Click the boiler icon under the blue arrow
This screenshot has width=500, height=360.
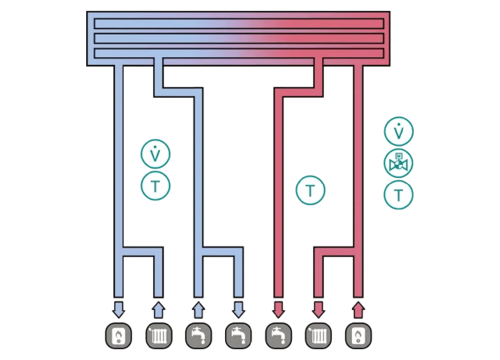(119, 335)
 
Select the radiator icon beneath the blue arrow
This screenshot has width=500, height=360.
(159, 335)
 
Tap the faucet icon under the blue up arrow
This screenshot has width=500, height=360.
(198, 335)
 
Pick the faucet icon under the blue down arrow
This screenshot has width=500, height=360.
(238, 335)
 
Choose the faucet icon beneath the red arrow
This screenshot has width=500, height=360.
(278, 335)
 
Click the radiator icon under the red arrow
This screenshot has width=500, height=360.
(318, 335)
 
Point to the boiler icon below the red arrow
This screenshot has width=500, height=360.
(358, 335)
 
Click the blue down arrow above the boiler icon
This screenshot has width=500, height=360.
(119, 309)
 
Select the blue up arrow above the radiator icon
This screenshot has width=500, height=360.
(159, 310)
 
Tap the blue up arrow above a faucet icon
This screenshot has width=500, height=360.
(198, 310)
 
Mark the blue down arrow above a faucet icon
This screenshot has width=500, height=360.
(238, 309)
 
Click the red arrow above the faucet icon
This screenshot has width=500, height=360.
(278, 309)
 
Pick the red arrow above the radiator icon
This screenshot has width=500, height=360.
(318, 309)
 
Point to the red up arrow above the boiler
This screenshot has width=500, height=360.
(358, 310)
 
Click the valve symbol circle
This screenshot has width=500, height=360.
(398, 163)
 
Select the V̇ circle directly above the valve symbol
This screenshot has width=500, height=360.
(398, 132)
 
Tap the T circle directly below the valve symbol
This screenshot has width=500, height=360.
(398, 194)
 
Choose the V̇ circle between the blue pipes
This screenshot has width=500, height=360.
(155, 154)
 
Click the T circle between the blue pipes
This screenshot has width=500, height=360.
(155, 186)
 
